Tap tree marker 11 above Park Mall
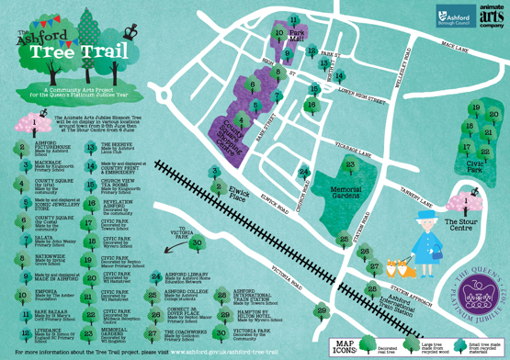[x=293, y=18]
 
